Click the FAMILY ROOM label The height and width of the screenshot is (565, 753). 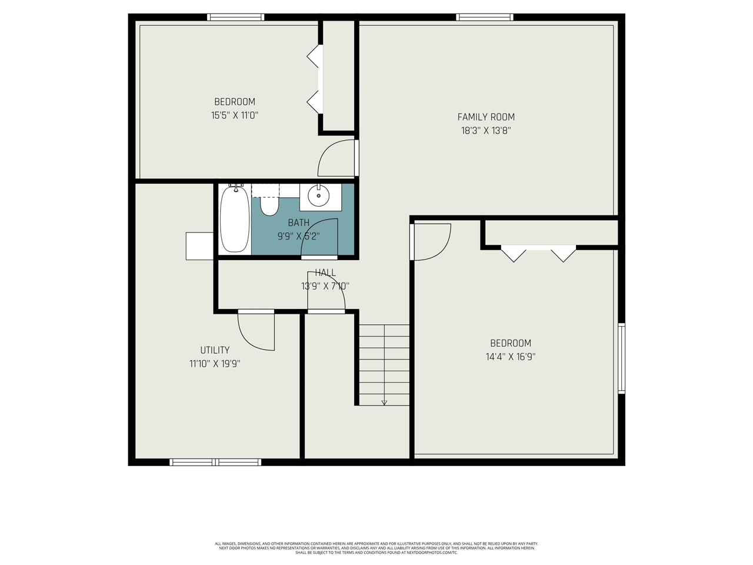[486, 117]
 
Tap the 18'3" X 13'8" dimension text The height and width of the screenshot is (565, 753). [486, 131]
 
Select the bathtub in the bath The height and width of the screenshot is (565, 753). [235, 219]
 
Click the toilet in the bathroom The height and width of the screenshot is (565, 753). [269, 205]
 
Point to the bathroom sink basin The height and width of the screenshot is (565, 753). [319, 196]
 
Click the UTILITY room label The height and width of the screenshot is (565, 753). [215, 350]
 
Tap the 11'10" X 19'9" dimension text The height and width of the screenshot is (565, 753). [215, 364]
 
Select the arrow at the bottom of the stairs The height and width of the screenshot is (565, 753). [384, 403]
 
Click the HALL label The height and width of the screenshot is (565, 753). [325, 272]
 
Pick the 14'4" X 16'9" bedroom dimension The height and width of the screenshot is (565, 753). [511, 357]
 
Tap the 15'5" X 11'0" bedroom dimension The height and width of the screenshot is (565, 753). [235, 115]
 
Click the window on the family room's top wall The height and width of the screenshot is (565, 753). [485, 17]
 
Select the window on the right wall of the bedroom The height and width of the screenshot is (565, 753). [621, 358]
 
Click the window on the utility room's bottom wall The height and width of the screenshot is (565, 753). [215, 462]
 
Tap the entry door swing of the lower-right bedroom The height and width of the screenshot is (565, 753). [431, 241]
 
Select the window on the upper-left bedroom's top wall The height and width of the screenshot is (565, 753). [235, 17]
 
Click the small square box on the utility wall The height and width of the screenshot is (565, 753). [199, 245]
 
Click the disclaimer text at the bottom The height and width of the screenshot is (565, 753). [376, 548]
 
